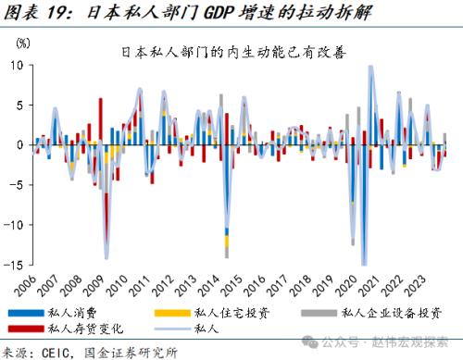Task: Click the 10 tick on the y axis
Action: point(18,66)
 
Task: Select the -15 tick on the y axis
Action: point(15,265)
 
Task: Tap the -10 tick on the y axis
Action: point(15,225)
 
